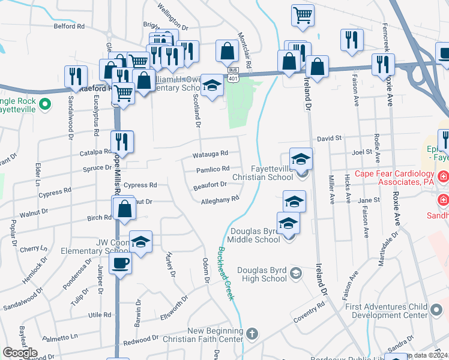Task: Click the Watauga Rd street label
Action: pos(210,154)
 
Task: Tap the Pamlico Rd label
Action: pos(212,170)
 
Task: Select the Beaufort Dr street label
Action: pos(209,186)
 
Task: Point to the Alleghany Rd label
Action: pos(220,200)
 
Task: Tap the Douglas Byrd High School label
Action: pos(263,274)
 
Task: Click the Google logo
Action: pos(20,353)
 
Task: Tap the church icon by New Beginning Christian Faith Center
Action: pos(253,333)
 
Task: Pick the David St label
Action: pos(329,138)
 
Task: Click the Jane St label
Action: pos(369,200)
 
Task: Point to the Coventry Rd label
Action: pos(310,311)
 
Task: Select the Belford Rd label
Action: pos(69,26)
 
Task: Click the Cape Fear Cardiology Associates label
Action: pos(394,178)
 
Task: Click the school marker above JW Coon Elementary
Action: pos(140,241)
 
